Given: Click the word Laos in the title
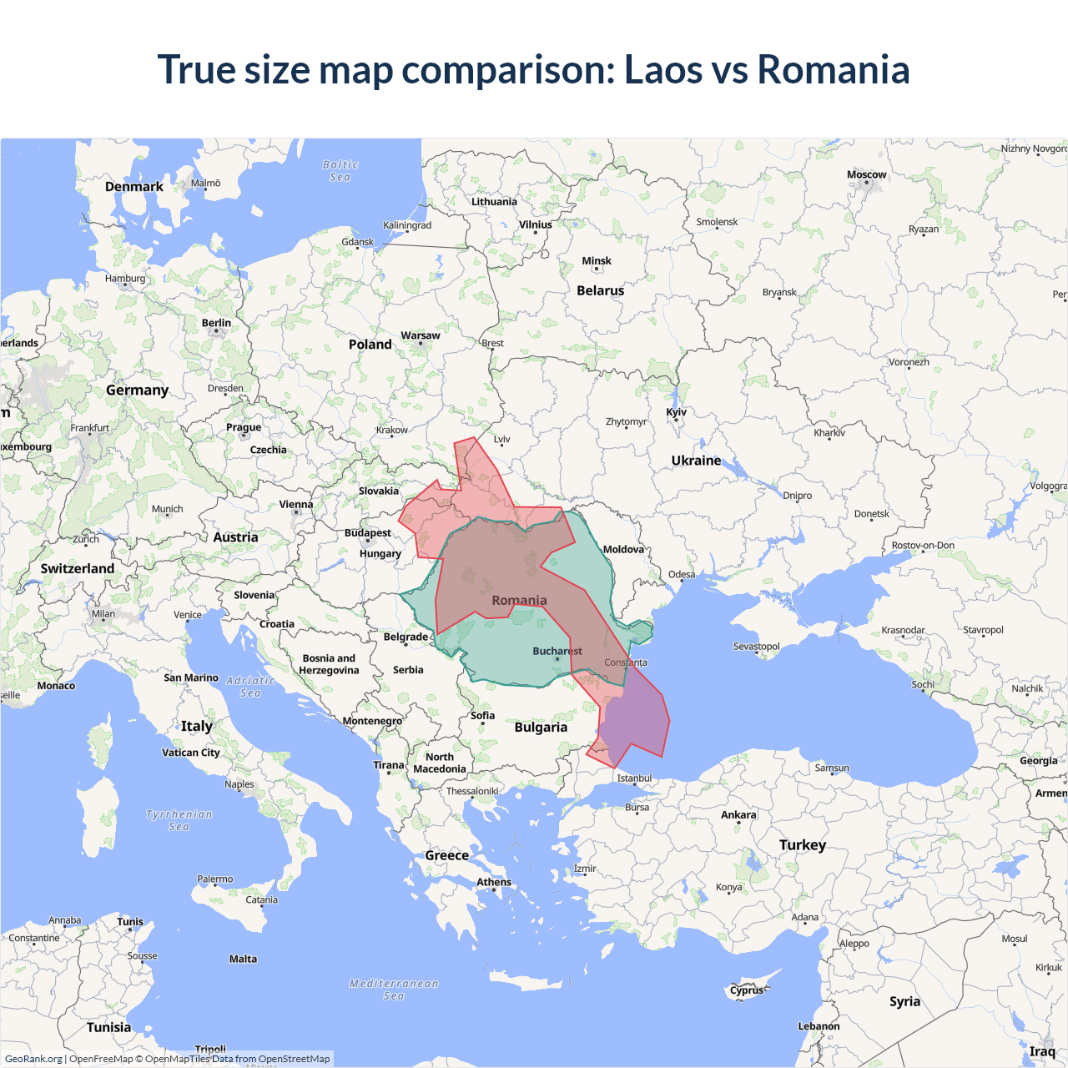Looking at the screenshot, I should coord(662,69).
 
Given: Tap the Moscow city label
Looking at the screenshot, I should coord(866,175).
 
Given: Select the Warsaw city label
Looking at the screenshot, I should coord(420,335).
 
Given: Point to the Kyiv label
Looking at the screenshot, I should coord(676,412).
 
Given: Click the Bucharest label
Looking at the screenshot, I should coord(557,651).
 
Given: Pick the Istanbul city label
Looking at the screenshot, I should coord(634,778).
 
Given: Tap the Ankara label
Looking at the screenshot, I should coord(738,815).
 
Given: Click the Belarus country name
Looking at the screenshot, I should coord(600,291).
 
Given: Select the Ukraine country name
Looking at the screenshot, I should coord(696,461).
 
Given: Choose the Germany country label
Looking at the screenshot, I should coord(137,390).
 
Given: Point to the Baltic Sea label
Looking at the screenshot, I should coord(340,171).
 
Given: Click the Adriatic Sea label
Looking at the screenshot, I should coord(250,687).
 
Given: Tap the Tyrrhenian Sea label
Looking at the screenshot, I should coord(179,820).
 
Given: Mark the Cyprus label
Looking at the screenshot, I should coord(747,991).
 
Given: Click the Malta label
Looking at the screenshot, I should coord(243,960).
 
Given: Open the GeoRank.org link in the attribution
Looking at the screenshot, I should coord(33,1059).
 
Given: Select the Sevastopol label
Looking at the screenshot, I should coord(756,647).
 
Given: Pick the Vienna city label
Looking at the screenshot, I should coord(296,505).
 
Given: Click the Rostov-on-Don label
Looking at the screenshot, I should coord(923,546).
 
